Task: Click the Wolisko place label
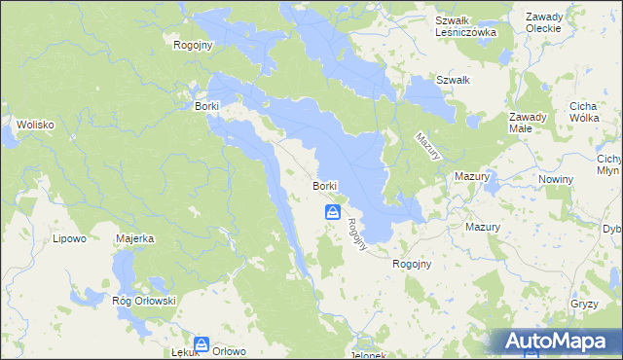tap(33, 125)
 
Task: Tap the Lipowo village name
tap(69, 237)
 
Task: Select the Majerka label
tap(135, 237)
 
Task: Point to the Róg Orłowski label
tap(144, 301)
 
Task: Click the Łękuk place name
tap(185, 352)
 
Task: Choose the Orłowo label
tap(230, 351)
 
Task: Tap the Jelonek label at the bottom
tap(366, 355)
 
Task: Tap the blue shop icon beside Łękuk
tap(202, 343)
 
